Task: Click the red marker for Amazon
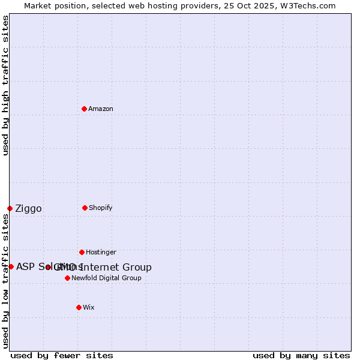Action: click(x=84, y=109)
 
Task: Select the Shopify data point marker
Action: click(x=85, y=208)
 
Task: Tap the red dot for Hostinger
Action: click(x=82, y=252)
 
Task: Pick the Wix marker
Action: click(x=79, y=307)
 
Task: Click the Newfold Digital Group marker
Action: click(x=67, y=278)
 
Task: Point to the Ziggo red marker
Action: click(x=10, y=208)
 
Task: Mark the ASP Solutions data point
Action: click(x=11, y=266)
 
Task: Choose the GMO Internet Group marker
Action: click(x=48, y=267)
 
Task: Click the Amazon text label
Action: click(x=100, y=109)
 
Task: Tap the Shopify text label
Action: click(x=100, y=208)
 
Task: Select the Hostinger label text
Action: click(x=101, y=252)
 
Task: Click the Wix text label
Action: click(x=88, y=307)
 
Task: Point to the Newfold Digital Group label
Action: click(x=106, y=278)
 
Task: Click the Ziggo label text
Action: click(x=28, y=209)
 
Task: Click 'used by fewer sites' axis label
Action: click(x=62, y=355)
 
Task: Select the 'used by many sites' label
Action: click(x=301, y=355)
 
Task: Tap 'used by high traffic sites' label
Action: click(x=5, y=85)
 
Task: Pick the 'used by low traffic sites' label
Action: click(x=5, y=281)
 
